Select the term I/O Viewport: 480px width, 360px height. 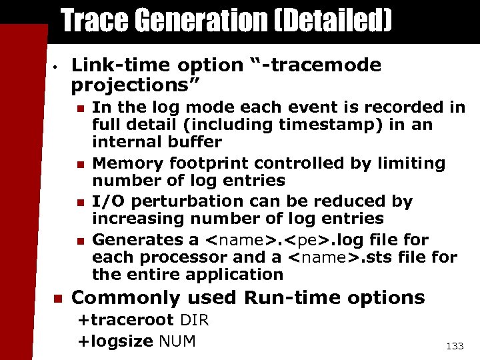coord(105,201)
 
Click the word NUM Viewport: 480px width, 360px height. coord(177,341)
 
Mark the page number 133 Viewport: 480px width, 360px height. coord(454,346)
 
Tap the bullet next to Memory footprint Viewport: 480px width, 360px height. coord(79,164)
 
